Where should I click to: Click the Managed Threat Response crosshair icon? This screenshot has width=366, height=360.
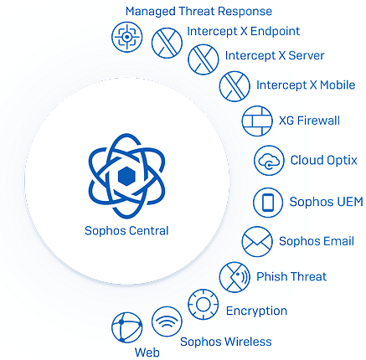pyautogui.click(x=127, y=37)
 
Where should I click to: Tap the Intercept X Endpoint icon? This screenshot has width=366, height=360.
pyautogui.click(x=167, y=43)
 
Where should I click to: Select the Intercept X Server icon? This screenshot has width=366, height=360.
pyautogui.click(x=204, y=59)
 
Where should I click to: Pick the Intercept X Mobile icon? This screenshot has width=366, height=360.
pyautogui.click(x=235, y=86)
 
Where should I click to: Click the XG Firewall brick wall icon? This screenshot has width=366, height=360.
pyautogui.click(x=257, y=121)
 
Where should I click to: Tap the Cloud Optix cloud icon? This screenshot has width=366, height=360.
pyautogui.click(x=269, y=161)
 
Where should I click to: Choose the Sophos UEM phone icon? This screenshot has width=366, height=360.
pyautogui.click(x=268, y=203)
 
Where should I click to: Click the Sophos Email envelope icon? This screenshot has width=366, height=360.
pyautogui.click(x=257, y=242)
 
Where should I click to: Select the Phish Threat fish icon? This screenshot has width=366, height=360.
pyautogui.click(x=235, y=277)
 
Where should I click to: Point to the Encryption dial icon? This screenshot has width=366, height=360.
pyautogui.click(x=204, y=305)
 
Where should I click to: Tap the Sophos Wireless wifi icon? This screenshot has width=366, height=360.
pyautogui.click(x=167, y=321)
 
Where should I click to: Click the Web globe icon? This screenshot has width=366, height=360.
pyautogui.click(x=127, y=327)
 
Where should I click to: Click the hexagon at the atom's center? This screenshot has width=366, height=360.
pyautogui.click(x=126, y=176)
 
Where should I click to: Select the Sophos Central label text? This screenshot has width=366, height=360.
pyautogui.click(x=126, y=231)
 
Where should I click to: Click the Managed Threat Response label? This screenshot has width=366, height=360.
pyautogui.click(x=198, y=12)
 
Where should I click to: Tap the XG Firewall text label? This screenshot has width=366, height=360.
pyautogui.click(x=309, y=121)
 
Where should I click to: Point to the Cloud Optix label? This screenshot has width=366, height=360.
pyautogui.click(x=324, y=161)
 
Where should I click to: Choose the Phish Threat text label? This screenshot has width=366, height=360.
pyautogui.click(x=291, y=276)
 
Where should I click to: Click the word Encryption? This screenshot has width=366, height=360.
pyautogui.click(x=256, y=311)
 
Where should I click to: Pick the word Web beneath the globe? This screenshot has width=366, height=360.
pyautogui.click(x=147, y=352)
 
